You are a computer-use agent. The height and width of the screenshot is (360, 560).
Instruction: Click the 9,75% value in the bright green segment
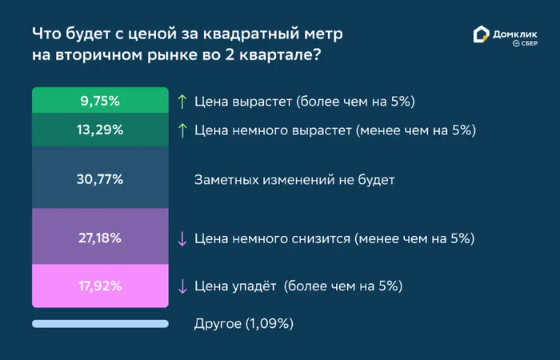click(x=100, y=101)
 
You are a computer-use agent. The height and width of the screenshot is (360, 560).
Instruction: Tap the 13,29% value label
click(x=100, y=130)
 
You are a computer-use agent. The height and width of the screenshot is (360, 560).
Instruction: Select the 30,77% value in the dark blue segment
click(x=100, y=179)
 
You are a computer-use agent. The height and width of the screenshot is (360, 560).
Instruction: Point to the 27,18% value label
click(x=100, y=238)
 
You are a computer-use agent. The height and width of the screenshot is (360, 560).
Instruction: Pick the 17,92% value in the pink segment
click(x=100, y=286)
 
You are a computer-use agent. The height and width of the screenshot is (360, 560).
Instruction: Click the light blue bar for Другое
click(x=100, y=324)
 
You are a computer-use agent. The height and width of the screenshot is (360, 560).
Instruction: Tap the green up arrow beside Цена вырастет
click(x=182, y=102)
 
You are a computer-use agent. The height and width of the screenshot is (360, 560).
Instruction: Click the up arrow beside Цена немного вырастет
click(x=182, y=130)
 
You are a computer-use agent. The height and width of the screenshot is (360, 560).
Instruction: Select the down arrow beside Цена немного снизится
click(x=182, y=239)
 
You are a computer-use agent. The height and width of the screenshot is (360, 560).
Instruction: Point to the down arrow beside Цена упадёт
click(x=182, y=286)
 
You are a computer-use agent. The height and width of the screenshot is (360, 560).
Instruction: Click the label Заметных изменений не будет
click(x=294, y=180)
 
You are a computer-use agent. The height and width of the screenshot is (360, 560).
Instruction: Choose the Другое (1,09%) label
click(x=244, y=324)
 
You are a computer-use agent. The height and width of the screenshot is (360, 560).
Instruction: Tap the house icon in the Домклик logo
click(x=481, y=34)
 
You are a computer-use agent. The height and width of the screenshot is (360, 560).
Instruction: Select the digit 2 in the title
click(x=230, y=55)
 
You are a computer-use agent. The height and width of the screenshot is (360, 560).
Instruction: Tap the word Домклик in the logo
click(x=515, y=34)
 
